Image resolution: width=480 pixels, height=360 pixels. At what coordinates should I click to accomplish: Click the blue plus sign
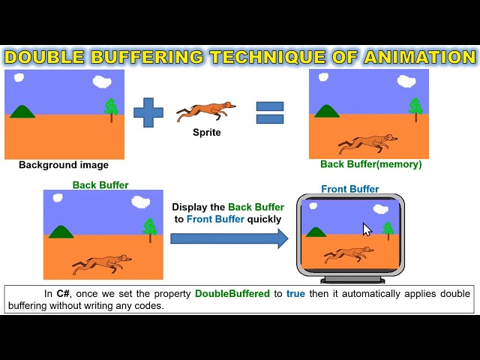[x=148, y=112]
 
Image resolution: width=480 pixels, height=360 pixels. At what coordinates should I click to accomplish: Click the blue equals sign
[x=270, y=112]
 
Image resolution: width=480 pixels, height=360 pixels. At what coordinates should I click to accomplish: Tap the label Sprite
[x=207, y=133]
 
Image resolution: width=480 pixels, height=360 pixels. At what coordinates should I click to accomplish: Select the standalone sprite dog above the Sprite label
[x=205, y=112]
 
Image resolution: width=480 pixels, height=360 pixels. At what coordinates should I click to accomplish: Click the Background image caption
[x=64, y=165]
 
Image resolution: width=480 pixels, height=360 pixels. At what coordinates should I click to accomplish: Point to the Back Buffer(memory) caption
[x=371, y=164]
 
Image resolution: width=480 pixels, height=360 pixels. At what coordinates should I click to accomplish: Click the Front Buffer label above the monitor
[x=350, y=189]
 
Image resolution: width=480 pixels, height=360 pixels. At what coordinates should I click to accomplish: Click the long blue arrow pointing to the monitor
[x=229, y=238]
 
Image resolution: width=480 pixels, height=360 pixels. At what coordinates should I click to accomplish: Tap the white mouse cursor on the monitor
[x=367, y=229]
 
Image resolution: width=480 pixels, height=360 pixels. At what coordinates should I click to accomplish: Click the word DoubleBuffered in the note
[x=232, y=293]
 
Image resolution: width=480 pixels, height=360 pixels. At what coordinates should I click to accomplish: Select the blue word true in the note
[x=295, y=294]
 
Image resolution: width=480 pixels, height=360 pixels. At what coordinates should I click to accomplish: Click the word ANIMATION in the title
[x=420, y=57]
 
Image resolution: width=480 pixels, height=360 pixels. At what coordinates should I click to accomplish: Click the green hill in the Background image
[x=22, y=112]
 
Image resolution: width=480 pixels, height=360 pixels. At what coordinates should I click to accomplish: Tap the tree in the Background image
[x=111, y=109]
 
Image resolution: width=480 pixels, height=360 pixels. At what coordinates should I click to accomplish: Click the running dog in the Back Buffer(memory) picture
[x=367, y=143]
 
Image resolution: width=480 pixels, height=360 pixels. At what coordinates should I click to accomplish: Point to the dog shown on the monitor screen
[x=349, y=255]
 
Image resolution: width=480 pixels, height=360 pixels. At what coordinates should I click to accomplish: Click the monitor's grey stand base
[x=352, y=280]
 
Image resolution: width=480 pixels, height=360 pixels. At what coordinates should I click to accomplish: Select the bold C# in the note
[x=63, y=293]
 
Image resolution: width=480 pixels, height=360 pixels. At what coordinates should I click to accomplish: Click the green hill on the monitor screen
[x=316, y=232]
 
